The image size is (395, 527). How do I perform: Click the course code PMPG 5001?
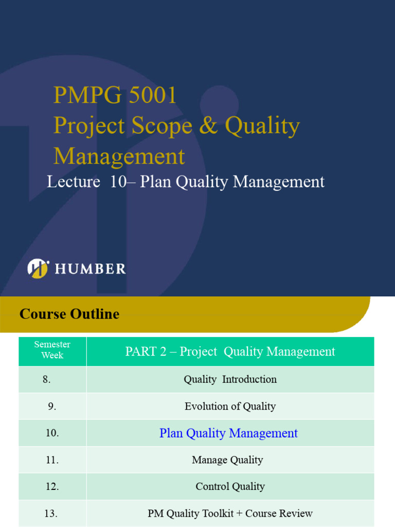tap(115, 96)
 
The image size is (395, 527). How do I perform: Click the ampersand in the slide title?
tap(208, 126)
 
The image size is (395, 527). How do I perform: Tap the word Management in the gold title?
tap(119, 156)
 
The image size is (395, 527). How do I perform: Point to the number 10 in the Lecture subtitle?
tap(118, 182)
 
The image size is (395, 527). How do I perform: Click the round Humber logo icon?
tap(38, 268)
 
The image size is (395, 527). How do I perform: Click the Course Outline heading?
tap(69, 314)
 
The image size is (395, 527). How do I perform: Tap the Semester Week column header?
tap(52, 350)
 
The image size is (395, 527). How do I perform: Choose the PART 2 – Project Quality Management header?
tap(230, 352)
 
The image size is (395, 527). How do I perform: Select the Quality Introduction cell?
tap(230, 379)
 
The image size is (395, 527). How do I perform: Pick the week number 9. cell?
tap(52, 407)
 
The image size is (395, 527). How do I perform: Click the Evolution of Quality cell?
tap(230, 407)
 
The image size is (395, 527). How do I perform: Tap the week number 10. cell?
tap(52, 433)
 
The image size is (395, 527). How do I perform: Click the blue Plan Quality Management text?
tap(228, 433)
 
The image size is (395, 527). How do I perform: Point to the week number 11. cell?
tap(52, 460)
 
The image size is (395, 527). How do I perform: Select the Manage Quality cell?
tap(227, 460)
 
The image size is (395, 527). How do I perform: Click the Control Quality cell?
tap(230, 486)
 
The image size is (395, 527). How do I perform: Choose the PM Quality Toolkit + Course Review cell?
tap(230, 514)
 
